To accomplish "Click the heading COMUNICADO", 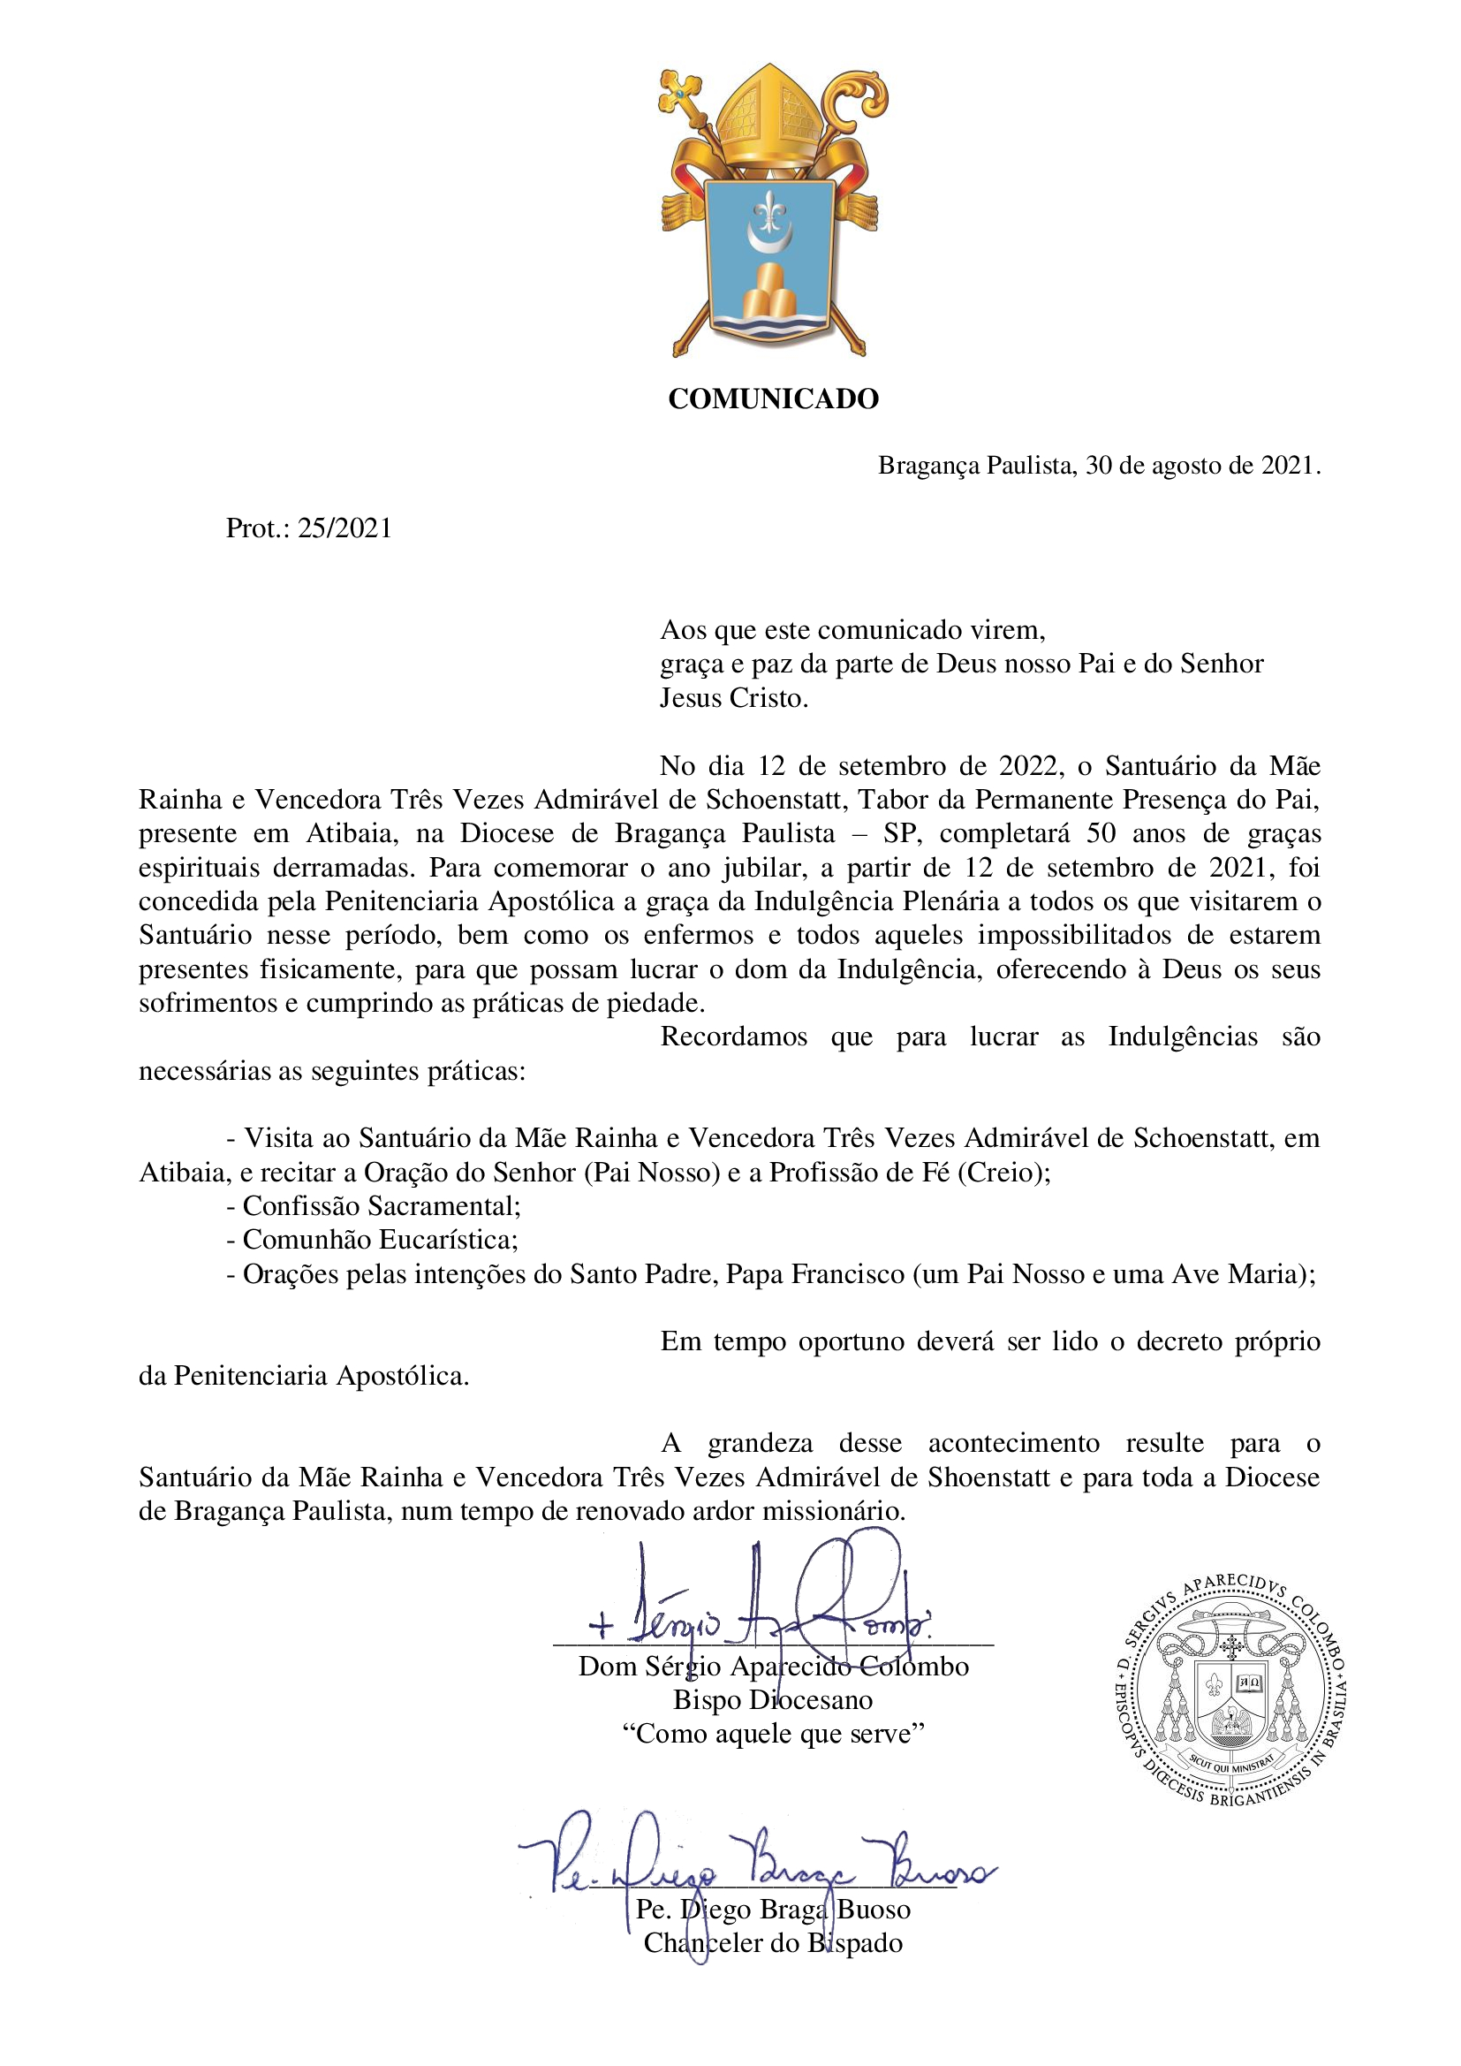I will (773, 399).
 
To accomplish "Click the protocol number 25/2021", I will (344, 528).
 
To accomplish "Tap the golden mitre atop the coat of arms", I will (772, 112).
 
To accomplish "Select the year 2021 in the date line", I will (1286, 466).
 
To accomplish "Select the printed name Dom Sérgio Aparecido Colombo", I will (773, 1667).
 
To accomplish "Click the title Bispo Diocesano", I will (773, 1700).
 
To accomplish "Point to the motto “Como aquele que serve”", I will (773, 1734).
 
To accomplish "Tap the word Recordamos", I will (733, 1037).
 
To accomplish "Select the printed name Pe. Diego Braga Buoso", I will (773, 1910).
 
